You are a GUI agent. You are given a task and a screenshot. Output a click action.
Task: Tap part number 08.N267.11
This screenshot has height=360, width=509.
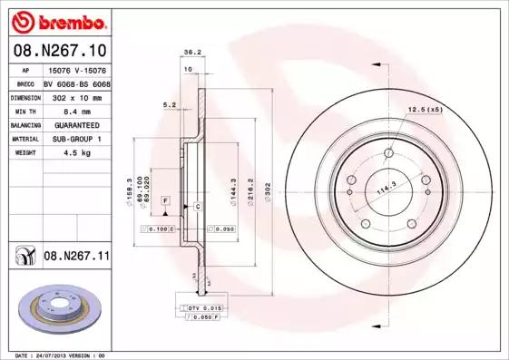click(77, 258)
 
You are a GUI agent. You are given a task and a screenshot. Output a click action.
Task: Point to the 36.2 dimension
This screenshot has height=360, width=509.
click(192, 52)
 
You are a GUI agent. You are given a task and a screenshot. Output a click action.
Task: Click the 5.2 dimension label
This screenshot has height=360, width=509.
click(170, 105)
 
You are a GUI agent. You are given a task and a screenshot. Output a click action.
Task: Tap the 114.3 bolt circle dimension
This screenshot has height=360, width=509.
click(388, 188)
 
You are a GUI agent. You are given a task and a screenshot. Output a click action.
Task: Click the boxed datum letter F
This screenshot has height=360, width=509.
click(166, 199)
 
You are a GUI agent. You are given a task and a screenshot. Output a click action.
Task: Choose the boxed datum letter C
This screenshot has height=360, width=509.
click(197, 207)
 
